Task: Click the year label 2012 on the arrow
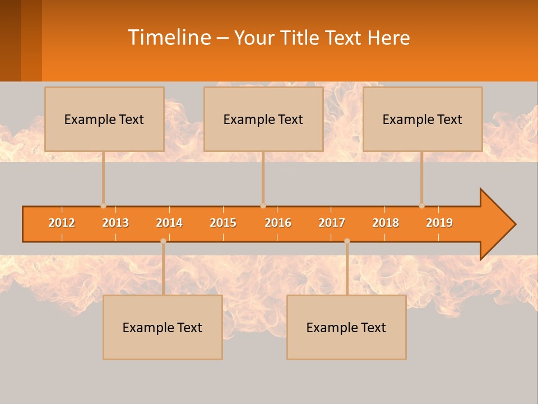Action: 62,223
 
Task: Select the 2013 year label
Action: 115,223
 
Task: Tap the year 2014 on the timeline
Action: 169,223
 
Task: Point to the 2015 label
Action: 223,223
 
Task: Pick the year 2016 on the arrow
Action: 278,223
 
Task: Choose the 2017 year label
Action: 332,223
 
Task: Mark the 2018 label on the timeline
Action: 386,223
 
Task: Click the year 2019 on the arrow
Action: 439,223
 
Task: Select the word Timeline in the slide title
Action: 168,38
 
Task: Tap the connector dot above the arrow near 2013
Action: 103,206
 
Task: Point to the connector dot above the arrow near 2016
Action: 263,206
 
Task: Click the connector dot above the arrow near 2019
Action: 421,206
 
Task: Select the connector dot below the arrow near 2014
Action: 163,241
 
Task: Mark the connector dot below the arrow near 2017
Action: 347,241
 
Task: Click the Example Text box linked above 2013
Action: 104,119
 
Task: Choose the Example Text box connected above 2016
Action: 263,119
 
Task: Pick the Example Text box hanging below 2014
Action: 163,327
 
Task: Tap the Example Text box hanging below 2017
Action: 346,327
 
